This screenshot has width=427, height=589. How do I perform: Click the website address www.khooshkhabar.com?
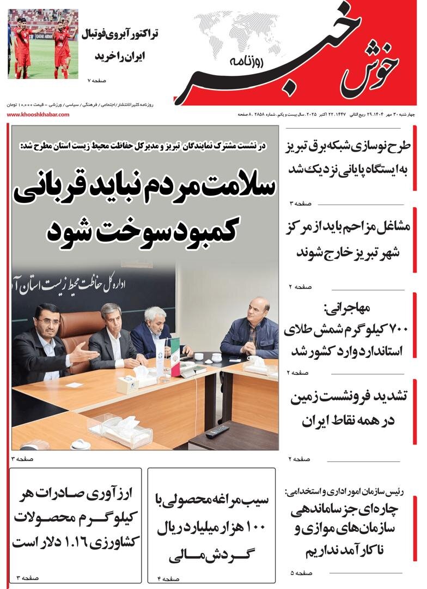coord(38,115)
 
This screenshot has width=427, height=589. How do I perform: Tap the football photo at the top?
coord(43,44)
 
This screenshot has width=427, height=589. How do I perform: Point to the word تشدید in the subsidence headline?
coord(385,398)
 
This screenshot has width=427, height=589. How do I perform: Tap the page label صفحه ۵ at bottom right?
coord(301,573)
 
